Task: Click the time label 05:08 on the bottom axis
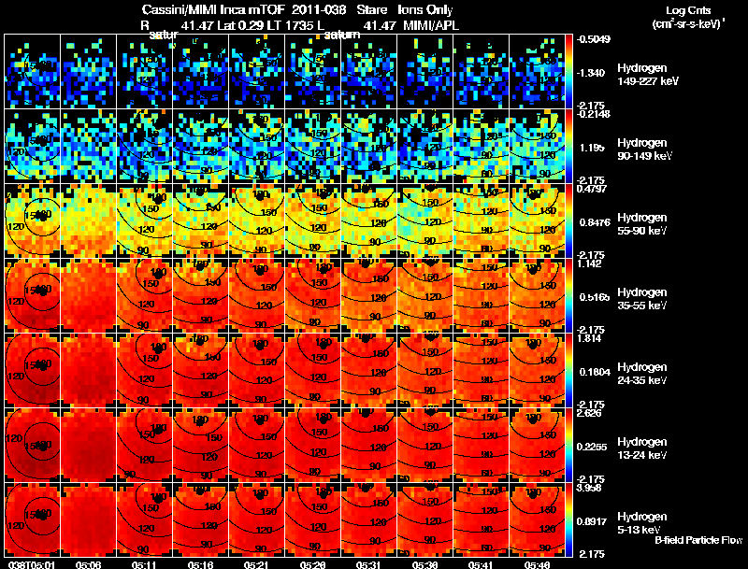[x=89, y=564]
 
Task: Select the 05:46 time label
[x=540, y=564]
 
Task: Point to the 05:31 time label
[x=370, y=564]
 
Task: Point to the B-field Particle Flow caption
[x=698, y=540]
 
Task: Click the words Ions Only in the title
[x=425, y=9]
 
